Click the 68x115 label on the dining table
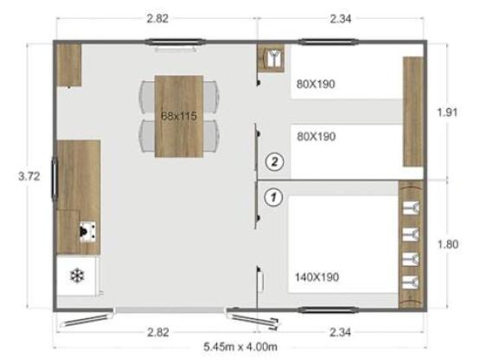click(179, 114)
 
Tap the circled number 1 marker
click(273, 196)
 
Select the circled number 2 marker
click(273, 160)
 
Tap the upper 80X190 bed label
click(315, 84)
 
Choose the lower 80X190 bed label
click(315, 137)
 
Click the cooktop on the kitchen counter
click(88, 231)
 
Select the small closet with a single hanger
click(273, 58)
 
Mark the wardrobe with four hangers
click(411, 245)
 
